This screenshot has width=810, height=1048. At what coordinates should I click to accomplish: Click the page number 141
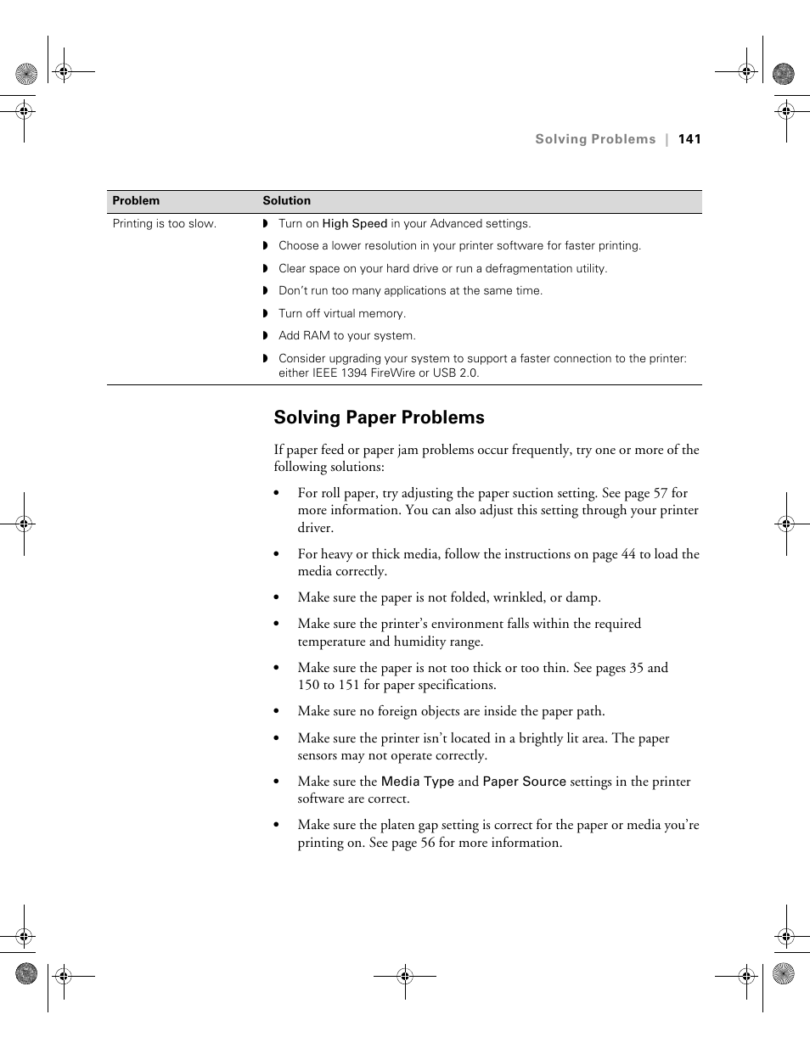[689, 139]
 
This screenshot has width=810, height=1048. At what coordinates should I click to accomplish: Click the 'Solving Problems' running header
[594, 139]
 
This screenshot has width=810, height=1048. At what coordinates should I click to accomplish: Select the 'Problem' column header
[136, 201]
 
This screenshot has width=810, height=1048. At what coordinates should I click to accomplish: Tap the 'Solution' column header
[286, 201]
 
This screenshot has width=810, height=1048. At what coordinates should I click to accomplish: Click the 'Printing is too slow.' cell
[164, 224]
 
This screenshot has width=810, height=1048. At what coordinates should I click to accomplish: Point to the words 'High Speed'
[354, 224]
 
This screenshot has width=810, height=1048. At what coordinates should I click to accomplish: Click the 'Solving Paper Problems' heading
[379, 418]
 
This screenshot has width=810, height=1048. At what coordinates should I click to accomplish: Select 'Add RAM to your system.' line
[346, 336]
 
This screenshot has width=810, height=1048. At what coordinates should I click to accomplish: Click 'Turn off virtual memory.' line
[341, 313]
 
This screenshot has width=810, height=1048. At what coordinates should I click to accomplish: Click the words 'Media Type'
[417, 782]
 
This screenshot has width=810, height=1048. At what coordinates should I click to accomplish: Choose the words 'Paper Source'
[524, 782]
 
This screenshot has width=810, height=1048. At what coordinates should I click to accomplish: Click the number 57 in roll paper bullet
[660, 493]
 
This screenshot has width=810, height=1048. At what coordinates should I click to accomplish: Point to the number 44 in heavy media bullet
[628, 554]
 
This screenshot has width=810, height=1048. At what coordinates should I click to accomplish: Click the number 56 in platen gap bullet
[428, 843]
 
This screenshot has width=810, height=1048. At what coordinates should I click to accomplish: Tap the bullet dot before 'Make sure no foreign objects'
[277, 712]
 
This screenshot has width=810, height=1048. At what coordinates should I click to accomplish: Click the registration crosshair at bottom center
[405, 976]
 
